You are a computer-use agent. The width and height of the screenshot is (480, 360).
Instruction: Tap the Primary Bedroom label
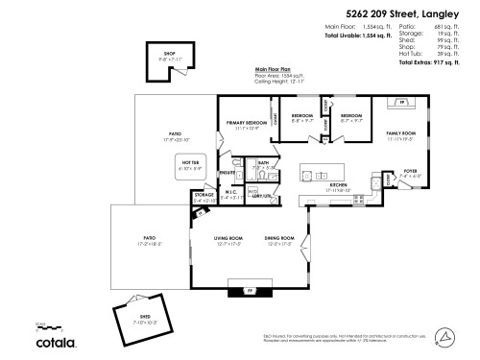(247, 124)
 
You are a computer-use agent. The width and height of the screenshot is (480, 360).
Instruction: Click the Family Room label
(400, 134)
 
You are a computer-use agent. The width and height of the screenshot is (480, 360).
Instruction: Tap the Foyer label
(410, 172)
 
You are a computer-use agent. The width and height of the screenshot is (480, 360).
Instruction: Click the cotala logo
(57, 341)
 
